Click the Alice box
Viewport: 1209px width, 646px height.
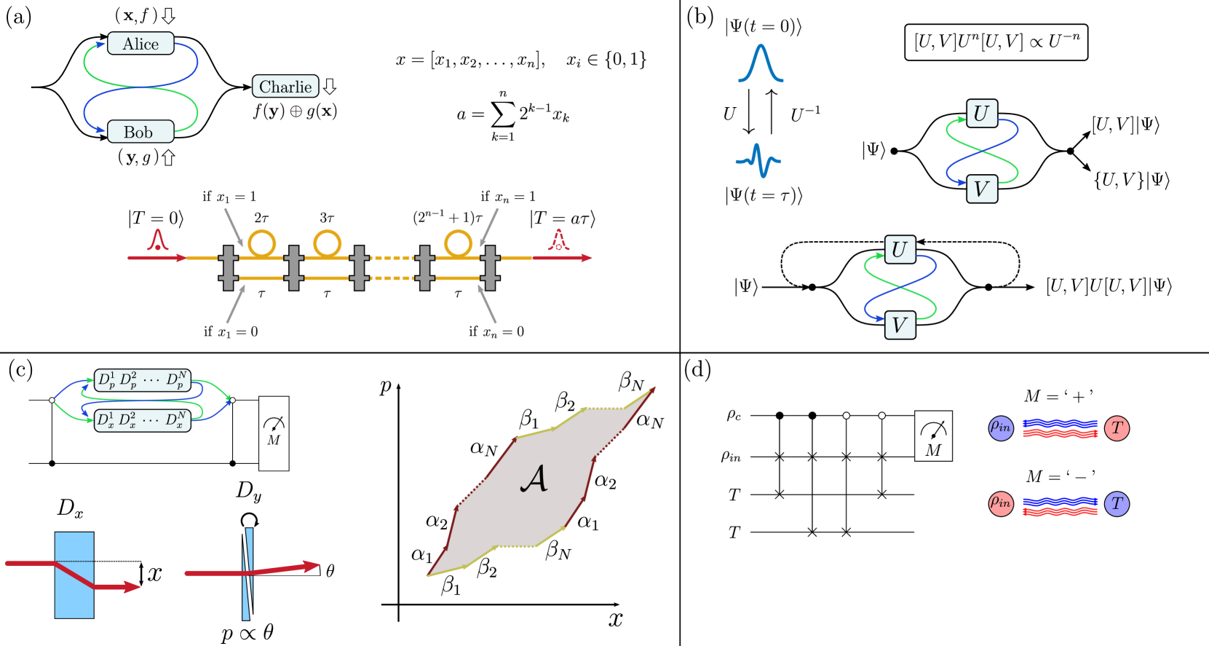click(x=140, y=44)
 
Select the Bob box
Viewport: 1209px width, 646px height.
click(x=140, y=132)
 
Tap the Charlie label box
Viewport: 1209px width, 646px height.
click(x=285, y=87)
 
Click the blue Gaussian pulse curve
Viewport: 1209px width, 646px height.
click(x=761, y=63)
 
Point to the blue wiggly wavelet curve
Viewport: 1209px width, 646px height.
click(x=758, y=160)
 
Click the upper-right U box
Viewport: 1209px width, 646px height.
click(x=981, y=114)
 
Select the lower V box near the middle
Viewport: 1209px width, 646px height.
click(x=900, y=325)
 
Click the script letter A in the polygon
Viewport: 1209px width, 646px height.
click(x=534, y=478)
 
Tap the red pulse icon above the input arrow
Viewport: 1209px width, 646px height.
click(x=158, y=240)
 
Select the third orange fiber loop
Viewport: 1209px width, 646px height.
click(x=459, y=243)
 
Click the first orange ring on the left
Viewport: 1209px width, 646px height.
click(x=262, y=243)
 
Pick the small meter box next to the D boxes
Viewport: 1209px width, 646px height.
click(x=274, y=433)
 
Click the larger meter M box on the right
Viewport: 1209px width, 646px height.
click(x=933, y=436)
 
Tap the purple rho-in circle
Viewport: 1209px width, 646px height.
click(x=1001, y=428)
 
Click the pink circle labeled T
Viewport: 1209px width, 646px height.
click(x=1117, y=428)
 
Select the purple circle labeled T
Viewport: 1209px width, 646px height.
click(x=1117, y=503)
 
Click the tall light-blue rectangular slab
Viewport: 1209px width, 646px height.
click(x=74, y=575)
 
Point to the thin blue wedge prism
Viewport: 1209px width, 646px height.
click(x=247, y=575)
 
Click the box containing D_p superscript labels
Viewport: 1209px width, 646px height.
click(x=143, y=380)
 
